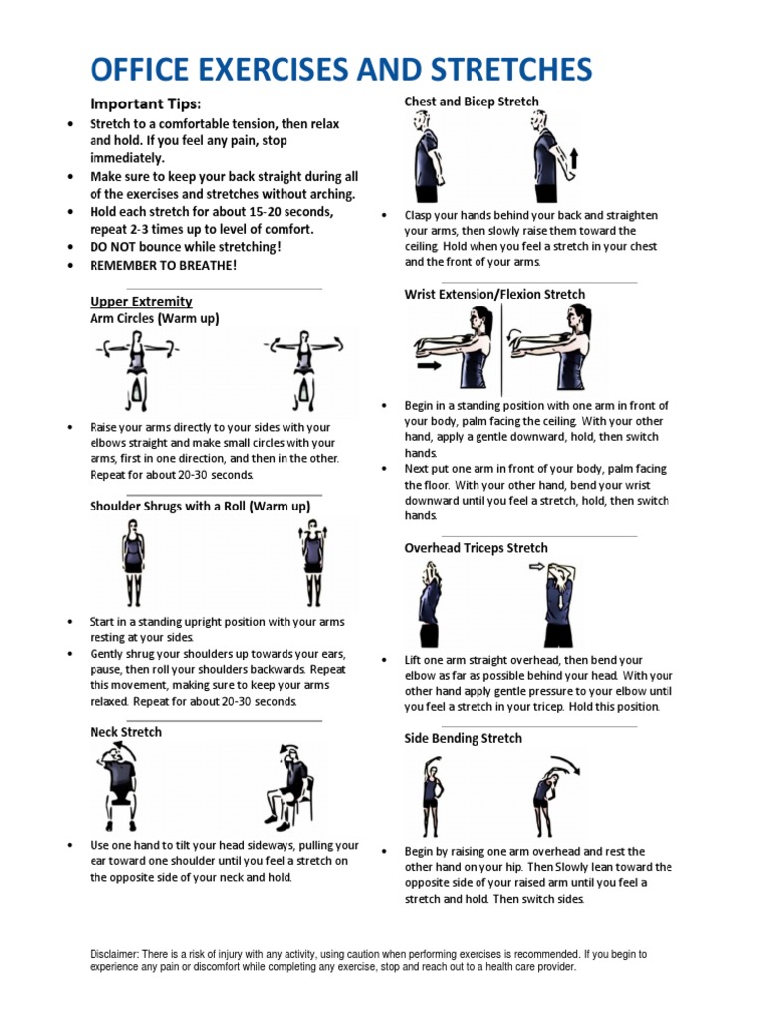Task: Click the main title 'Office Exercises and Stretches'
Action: (x=340, y=69)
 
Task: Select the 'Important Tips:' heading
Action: (x=145, y=103)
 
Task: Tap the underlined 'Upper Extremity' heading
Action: (x=140, y=301)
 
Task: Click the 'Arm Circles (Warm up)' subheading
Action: (x=154, y=318)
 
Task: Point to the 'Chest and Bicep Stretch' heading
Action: (x=472, y=102)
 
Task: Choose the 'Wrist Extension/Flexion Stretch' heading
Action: (x=494, y=294)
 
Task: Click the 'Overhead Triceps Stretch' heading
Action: (x=476, y=547)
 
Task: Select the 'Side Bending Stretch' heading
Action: (x=463, y=738)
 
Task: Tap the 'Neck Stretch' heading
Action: (x=125, y=731)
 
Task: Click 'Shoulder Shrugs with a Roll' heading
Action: (x=200, y=506)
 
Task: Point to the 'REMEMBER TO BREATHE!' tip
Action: (x=163, y=266)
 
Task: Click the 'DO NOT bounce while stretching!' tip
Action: (x=185, y=246)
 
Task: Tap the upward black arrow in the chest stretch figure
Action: (x=573, y=160)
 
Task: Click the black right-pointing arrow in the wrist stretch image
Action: (x=430, y=365)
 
